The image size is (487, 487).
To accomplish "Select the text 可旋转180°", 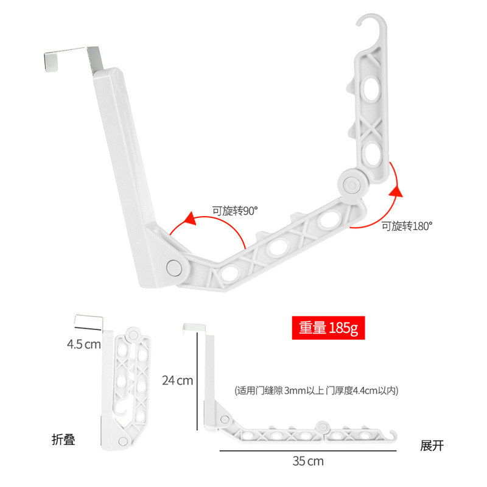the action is pos(407,226).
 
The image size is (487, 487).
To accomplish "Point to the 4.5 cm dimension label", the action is pos(83,345).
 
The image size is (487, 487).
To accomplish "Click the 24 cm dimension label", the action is pos(177,381).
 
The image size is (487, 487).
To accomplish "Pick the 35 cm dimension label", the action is pos(308,461).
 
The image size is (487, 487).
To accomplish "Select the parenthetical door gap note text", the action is pos(317,390).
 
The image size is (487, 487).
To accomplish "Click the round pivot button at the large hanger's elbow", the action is pos(174,266).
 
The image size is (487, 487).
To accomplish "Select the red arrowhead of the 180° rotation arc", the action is pos(396,192).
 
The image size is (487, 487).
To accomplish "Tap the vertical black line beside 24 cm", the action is pos(197,381).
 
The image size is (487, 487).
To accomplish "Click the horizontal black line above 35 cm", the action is pos(308,450).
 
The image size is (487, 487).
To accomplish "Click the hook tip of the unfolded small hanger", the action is pos(394,433).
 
